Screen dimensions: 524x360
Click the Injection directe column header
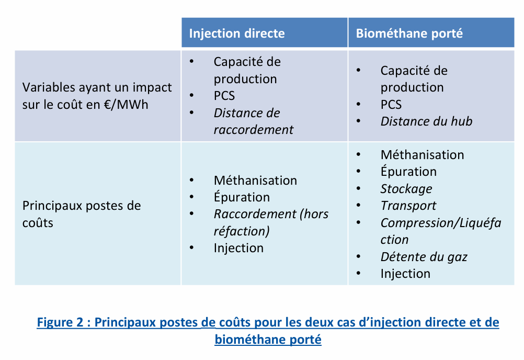[237, 33]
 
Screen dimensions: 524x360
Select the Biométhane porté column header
[409, 33]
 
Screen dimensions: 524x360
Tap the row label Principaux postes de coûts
[82, 214]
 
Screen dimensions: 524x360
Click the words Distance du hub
[426, 121]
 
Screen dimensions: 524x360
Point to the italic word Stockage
[406, 189]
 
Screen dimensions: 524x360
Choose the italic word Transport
[408, 206]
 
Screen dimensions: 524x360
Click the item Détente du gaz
[424, 257]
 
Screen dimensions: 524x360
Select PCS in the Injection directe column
[224, 96]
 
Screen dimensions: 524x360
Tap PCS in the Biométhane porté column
[391, 105]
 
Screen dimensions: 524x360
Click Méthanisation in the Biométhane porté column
[423, 155]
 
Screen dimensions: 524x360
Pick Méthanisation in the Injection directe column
[255, 181]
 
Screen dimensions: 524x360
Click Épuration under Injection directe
[242, 196]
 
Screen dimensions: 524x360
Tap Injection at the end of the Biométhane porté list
[405, 274]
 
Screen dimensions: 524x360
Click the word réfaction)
[242, 231]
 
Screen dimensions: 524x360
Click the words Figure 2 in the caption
[60, 322]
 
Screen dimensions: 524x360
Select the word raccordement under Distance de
[254, 130]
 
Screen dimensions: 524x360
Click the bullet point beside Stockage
[359, 189]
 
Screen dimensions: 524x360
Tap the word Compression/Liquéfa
[441, 222]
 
